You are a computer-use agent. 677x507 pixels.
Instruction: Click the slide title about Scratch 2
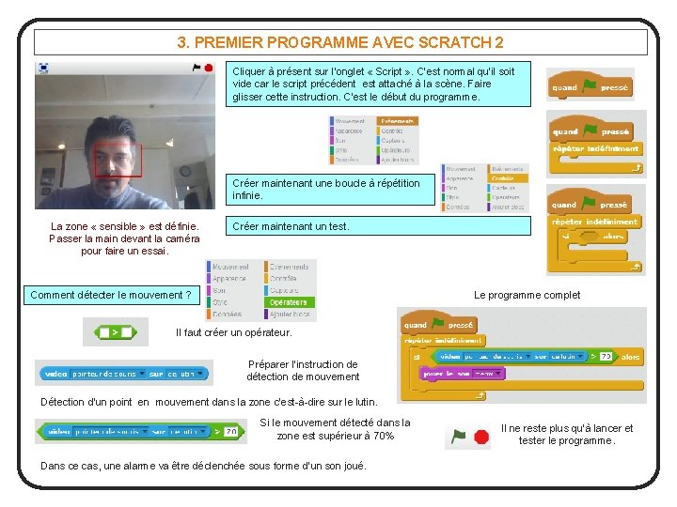pos(340,42)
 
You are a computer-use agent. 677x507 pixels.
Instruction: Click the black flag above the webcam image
pos(196,69)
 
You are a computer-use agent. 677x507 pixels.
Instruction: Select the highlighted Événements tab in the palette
pos(399,121)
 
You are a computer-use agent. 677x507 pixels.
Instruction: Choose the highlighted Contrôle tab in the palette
pos(534,177)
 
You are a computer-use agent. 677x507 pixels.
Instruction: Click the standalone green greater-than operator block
pos(115,331)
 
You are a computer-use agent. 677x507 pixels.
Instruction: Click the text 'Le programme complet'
pos(527,295)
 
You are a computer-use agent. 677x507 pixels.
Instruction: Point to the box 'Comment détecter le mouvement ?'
pos(111,295)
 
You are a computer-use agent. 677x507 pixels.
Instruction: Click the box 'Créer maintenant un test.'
pos(379,226)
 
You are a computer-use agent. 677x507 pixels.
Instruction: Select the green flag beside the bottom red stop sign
pos(459,436)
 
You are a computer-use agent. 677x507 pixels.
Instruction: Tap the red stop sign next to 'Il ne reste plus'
pos(481,436)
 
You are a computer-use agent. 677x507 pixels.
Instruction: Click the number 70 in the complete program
pos(606,357)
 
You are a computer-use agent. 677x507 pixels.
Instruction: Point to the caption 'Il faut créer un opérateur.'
pos(234,332)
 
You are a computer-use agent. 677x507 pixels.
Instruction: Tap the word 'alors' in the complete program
pos(630,357)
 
